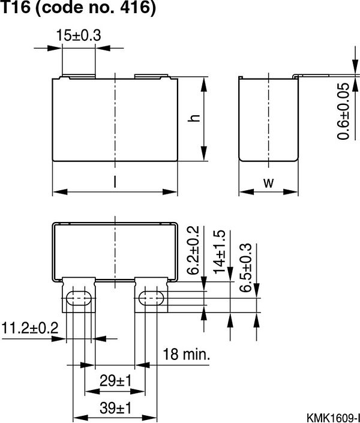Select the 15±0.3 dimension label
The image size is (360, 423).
click(x=79, y=36)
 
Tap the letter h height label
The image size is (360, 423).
click(x=193, y=118)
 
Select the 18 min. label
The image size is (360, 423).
click(x=186, y=354)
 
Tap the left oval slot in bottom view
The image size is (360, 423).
click(x=79, y=299)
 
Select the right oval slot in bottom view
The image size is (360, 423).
click(x=151, y=299)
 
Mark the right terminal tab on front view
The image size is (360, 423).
click(x=151, y=77)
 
